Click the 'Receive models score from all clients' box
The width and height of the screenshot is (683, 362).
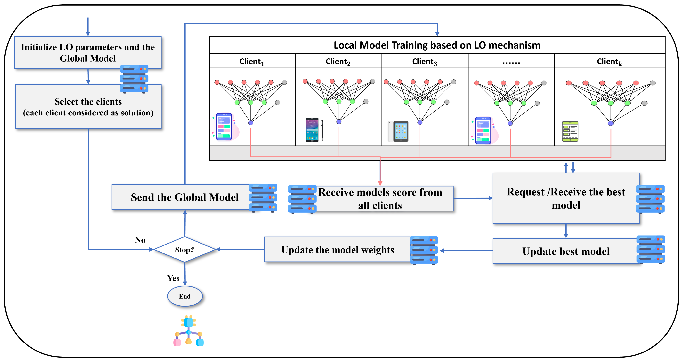point(380,199)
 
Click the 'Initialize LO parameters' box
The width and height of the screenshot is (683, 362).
point(88,52)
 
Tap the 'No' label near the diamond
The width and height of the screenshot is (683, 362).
point(140,240)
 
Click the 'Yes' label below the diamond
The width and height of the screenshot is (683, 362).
point(173,278)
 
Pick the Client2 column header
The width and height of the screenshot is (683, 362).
point(338,62)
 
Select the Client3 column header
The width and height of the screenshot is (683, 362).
point(424,62)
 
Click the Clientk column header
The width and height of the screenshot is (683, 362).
point(609,62)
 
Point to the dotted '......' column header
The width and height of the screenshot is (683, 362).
point(511,62)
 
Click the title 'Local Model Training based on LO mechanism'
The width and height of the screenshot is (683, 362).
point(437,45)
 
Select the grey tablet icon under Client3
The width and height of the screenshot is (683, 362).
point(398,131)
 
